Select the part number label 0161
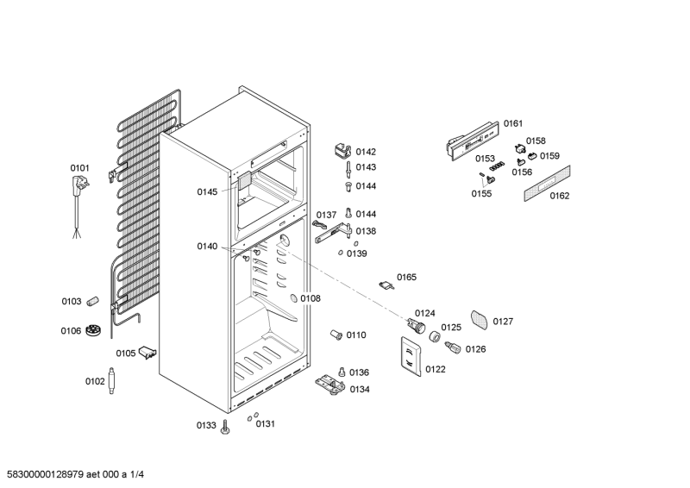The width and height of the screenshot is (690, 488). (513, 124)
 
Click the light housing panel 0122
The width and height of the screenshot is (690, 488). (411, 356)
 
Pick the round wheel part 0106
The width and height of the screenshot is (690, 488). (95, 330)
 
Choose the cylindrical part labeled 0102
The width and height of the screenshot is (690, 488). (113, 379)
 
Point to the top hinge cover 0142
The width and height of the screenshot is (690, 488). (342, 150)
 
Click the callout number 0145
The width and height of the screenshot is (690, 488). (207, 192)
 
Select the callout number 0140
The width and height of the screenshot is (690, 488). (207, 247)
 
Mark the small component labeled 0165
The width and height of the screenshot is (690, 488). (386, 283)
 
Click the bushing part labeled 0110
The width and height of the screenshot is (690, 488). (337, 334)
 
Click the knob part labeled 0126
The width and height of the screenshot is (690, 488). (449, 347)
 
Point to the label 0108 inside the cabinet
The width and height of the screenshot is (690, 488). (310, 298)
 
